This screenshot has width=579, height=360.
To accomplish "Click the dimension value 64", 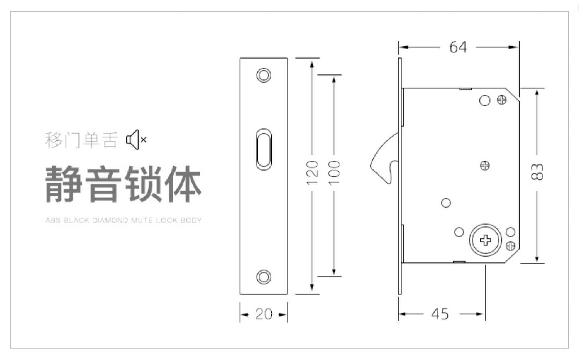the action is (x=458, y=47).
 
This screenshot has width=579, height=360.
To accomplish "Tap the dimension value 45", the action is (x=440, y=314).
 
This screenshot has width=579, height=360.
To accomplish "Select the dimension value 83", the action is (x=537, y=171).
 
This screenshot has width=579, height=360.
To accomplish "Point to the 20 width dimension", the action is (x=264, y=314).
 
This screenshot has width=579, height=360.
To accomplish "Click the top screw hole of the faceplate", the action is (x=264, y=75).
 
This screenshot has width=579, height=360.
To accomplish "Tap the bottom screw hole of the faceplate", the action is (x=264, y=277).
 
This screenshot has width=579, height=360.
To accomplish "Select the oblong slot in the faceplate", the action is (x=264, y=149).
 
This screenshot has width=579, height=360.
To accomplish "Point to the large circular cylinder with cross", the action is (x=485, y=240).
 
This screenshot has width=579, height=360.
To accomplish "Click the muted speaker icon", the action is (x=136, y=140).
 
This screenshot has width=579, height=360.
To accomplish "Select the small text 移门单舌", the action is (x=81, y=140).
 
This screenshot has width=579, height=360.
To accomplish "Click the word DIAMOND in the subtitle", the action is (x=110, y=221).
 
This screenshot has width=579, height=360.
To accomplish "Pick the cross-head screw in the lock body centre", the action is (x=485, y=166).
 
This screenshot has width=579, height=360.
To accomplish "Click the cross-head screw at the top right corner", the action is (x=502, y=100).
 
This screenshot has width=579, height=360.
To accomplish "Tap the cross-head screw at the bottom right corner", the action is (x=510, y=245).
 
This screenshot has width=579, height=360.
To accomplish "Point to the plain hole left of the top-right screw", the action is (x=485, y=101).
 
